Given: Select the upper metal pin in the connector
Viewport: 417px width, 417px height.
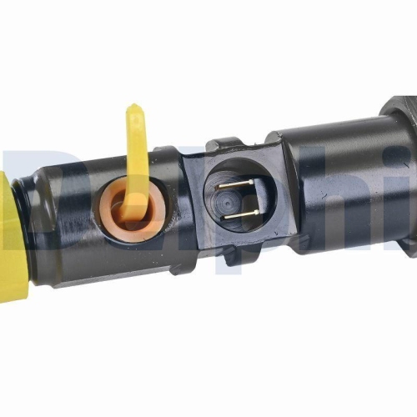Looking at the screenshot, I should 238,183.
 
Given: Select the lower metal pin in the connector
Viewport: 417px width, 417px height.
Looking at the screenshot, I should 239,214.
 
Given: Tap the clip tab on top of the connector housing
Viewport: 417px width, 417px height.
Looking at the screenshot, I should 224,144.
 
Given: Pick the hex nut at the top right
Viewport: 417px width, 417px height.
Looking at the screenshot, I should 399,108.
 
